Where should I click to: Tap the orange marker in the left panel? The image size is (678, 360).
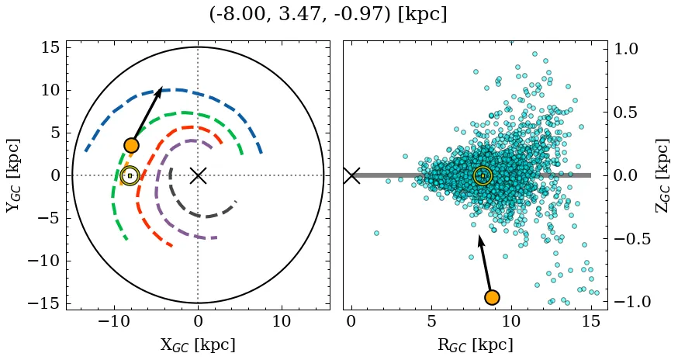(x=131, y=145)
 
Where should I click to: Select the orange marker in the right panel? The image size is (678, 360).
(x=491, y=297)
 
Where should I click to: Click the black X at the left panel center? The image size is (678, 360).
(x=198, y=175)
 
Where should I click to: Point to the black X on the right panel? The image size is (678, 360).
(x=351, y=175)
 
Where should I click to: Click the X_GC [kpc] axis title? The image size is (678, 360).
(x=197, y=344)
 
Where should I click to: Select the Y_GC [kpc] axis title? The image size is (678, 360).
(x=12, y=175)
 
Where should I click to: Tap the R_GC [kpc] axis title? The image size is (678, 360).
(x=475, y=344)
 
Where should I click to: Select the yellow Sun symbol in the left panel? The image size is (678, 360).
(x=130, y=176)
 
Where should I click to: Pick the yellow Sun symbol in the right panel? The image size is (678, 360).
(x=483, y=176)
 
